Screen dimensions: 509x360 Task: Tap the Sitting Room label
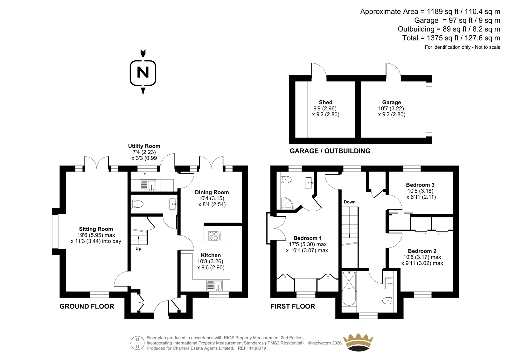click(96, 229)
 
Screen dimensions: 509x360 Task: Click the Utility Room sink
click(148, 185)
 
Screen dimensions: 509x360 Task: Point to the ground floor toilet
click(137, 204)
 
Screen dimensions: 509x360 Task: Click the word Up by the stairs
click(138, 249)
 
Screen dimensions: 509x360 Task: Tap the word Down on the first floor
click(350, 202)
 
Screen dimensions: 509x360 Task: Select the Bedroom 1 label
click(307, 238)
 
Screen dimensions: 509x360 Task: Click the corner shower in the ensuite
click(287, 203)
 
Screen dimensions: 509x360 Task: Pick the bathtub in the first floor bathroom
click(349, 288)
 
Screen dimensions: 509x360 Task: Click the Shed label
click(325, 102)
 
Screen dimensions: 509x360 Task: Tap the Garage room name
click(392, 102)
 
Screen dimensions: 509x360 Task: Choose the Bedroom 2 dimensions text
click(422, 260)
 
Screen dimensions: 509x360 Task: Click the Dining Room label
click(212, 192)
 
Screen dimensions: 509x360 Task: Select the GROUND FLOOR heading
click(87, 306)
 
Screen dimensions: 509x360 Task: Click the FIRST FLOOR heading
click(293, 306)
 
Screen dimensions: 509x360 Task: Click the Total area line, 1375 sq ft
click(451, 38)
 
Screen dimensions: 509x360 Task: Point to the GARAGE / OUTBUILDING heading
click(330, 151)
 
